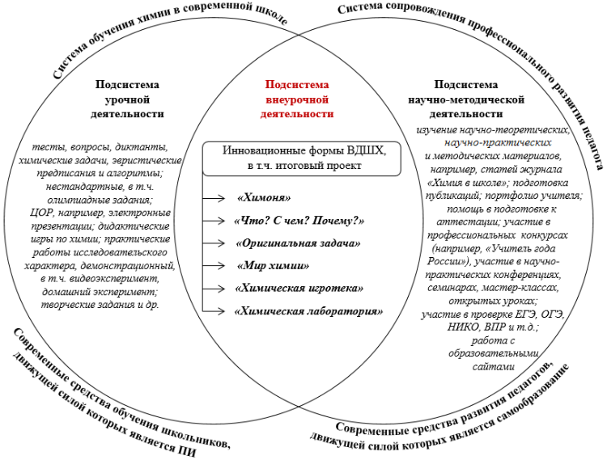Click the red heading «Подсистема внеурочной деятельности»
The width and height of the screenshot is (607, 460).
tap(297, 99)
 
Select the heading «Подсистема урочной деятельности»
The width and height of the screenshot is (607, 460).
tap(127, 99)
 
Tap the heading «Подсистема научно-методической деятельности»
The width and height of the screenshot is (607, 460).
tap(467, 99)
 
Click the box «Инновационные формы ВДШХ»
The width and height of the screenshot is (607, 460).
tap(297, 158)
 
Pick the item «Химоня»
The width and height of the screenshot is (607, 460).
tap(264, 197)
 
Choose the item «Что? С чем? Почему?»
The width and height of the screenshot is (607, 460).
tap(299, 220)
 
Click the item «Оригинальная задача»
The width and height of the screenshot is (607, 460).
tap(297, 243)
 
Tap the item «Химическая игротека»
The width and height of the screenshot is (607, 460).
tap(299, 288)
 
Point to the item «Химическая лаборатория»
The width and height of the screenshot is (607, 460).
tap(308, 310)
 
